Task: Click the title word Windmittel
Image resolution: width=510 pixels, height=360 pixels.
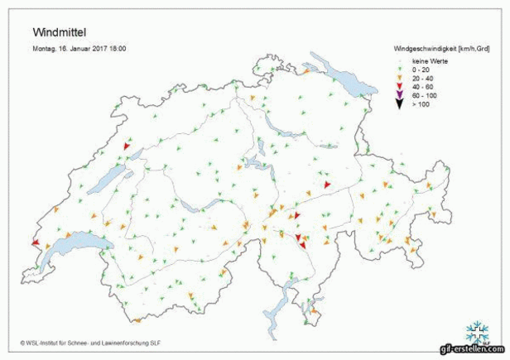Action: [59, 32]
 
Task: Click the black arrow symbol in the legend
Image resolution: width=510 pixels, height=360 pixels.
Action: [398, 104]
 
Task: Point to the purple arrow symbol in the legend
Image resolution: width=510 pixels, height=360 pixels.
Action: [398, 95]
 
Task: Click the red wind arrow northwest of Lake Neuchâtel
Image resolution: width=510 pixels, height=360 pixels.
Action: [127, 146]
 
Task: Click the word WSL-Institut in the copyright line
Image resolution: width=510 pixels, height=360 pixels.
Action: [49, 341]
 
